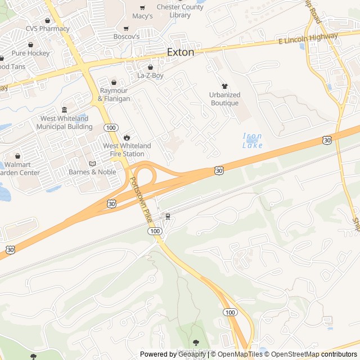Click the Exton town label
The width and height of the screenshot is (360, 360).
pyautogui.click(x=181, y=52)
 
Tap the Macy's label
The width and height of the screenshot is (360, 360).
pyautogui.click(x=142, y=16)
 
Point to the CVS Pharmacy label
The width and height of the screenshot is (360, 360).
pyautogui.click(x=47, y=29)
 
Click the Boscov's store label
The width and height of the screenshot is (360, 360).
pyautogui.click(x=126, y=37)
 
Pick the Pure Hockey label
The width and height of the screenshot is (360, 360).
pyautogui.click(x=30, y=53)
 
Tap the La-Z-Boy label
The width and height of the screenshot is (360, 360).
pyautogui.click(x=150, y=75)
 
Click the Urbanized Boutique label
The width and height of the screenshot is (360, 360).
pyautogui.click(x=224, y=98)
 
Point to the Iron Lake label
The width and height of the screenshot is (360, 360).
pyautogui.click(x=253, y=141)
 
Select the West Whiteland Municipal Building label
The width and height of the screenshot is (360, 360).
pyautogui.click(x=64, y=123)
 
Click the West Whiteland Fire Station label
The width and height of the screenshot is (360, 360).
pyautogui.click(x=127, y=150)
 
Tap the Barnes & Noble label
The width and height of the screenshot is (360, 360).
pyautogui.click(x=92, y=172)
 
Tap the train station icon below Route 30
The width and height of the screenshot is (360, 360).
pyautogui.click(x=167, y=217)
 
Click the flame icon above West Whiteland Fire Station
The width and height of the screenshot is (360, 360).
pyautogui.click(x=127, y=137)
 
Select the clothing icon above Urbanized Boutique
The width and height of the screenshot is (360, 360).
pyautogui.click(x=225, y=86)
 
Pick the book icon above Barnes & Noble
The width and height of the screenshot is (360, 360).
pyautogui.click(x=92, y=164)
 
